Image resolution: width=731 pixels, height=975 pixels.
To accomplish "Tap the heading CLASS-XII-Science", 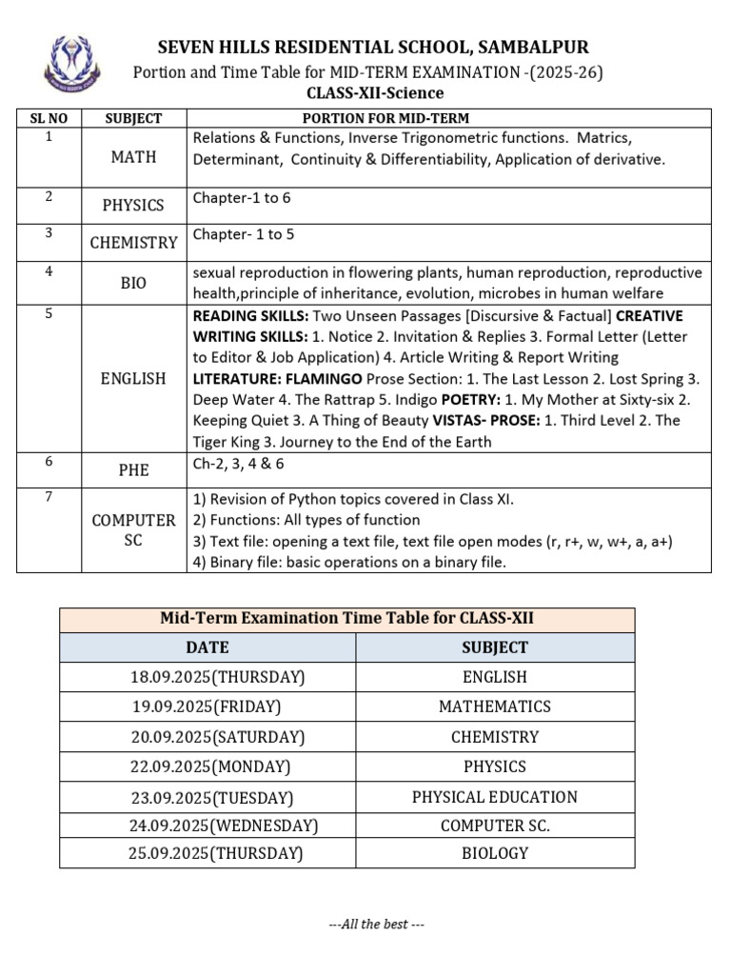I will point(374,92).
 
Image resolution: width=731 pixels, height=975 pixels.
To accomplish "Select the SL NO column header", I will point(49,118).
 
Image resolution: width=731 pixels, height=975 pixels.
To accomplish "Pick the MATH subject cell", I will point(133,157).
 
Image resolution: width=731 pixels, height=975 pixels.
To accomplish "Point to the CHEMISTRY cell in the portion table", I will point(133,242).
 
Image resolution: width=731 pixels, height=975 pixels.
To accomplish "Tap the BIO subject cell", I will point(133,283).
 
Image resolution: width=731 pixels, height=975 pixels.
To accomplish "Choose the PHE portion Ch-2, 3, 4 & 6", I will point(238,464).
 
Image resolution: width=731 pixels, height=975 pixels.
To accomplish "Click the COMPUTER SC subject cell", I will point(133,530).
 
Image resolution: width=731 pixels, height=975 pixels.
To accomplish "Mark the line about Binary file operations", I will point(349,562).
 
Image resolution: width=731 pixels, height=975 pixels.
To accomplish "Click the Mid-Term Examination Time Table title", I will point(346,619).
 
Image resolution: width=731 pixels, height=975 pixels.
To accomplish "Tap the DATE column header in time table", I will point(207,647).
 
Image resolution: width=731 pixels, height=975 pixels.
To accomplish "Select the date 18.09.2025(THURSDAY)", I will point(217,677).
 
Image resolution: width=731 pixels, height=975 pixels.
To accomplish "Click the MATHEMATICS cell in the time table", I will point(494,706).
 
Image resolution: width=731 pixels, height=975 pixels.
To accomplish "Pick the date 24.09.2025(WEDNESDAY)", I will point(224,825).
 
